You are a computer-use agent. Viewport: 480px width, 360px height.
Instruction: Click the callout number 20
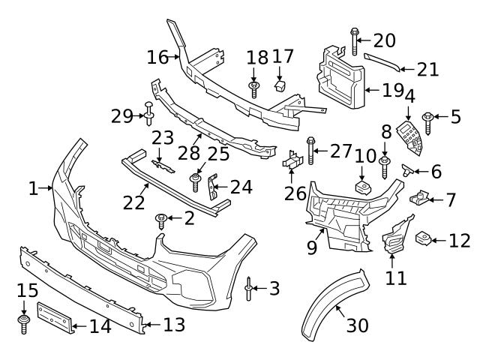384,39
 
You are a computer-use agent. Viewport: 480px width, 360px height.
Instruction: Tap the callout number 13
174,324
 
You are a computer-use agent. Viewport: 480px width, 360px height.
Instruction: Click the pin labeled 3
249,288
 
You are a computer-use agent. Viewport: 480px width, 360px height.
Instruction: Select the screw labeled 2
160,219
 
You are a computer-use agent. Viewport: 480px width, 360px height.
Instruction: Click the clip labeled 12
424,239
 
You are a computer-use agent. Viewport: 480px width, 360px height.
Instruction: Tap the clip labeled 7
419,199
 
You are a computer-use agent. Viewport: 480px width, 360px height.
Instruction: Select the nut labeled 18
254,90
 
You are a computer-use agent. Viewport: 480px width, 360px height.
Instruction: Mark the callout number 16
158,56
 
